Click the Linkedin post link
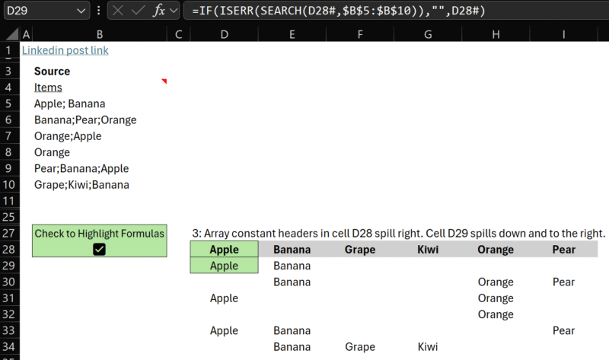click(x=65, y=50)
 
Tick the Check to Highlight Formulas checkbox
click(x=99, y=248)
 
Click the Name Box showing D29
click(x=38, y=11)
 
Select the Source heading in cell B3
click(x=52, y=71)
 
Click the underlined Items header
click(x=48, y=88)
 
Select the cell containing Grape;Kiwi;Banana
click(x=81, y=184)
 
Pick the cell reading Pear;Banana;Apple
click(x=81, y=168)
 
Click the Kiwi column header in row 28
click(x=429, y=249)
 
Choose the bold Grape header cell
click(x=359, y=249)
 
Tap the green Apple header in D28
click(x=224, y=249)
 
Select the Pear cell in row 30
click(x=563, y=282)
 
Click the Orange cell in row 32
click(x=496, y=314)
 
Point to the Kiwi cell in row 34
click(x=428, y=346)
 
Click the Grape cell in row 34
click(x=359, y=346)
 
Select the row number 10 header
click(x=9, y=184)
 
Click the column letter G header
click(x=429, y=34)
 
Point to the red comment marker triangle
click(x=164, y=81)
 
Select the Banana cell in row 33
click(x=292, y=330)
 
